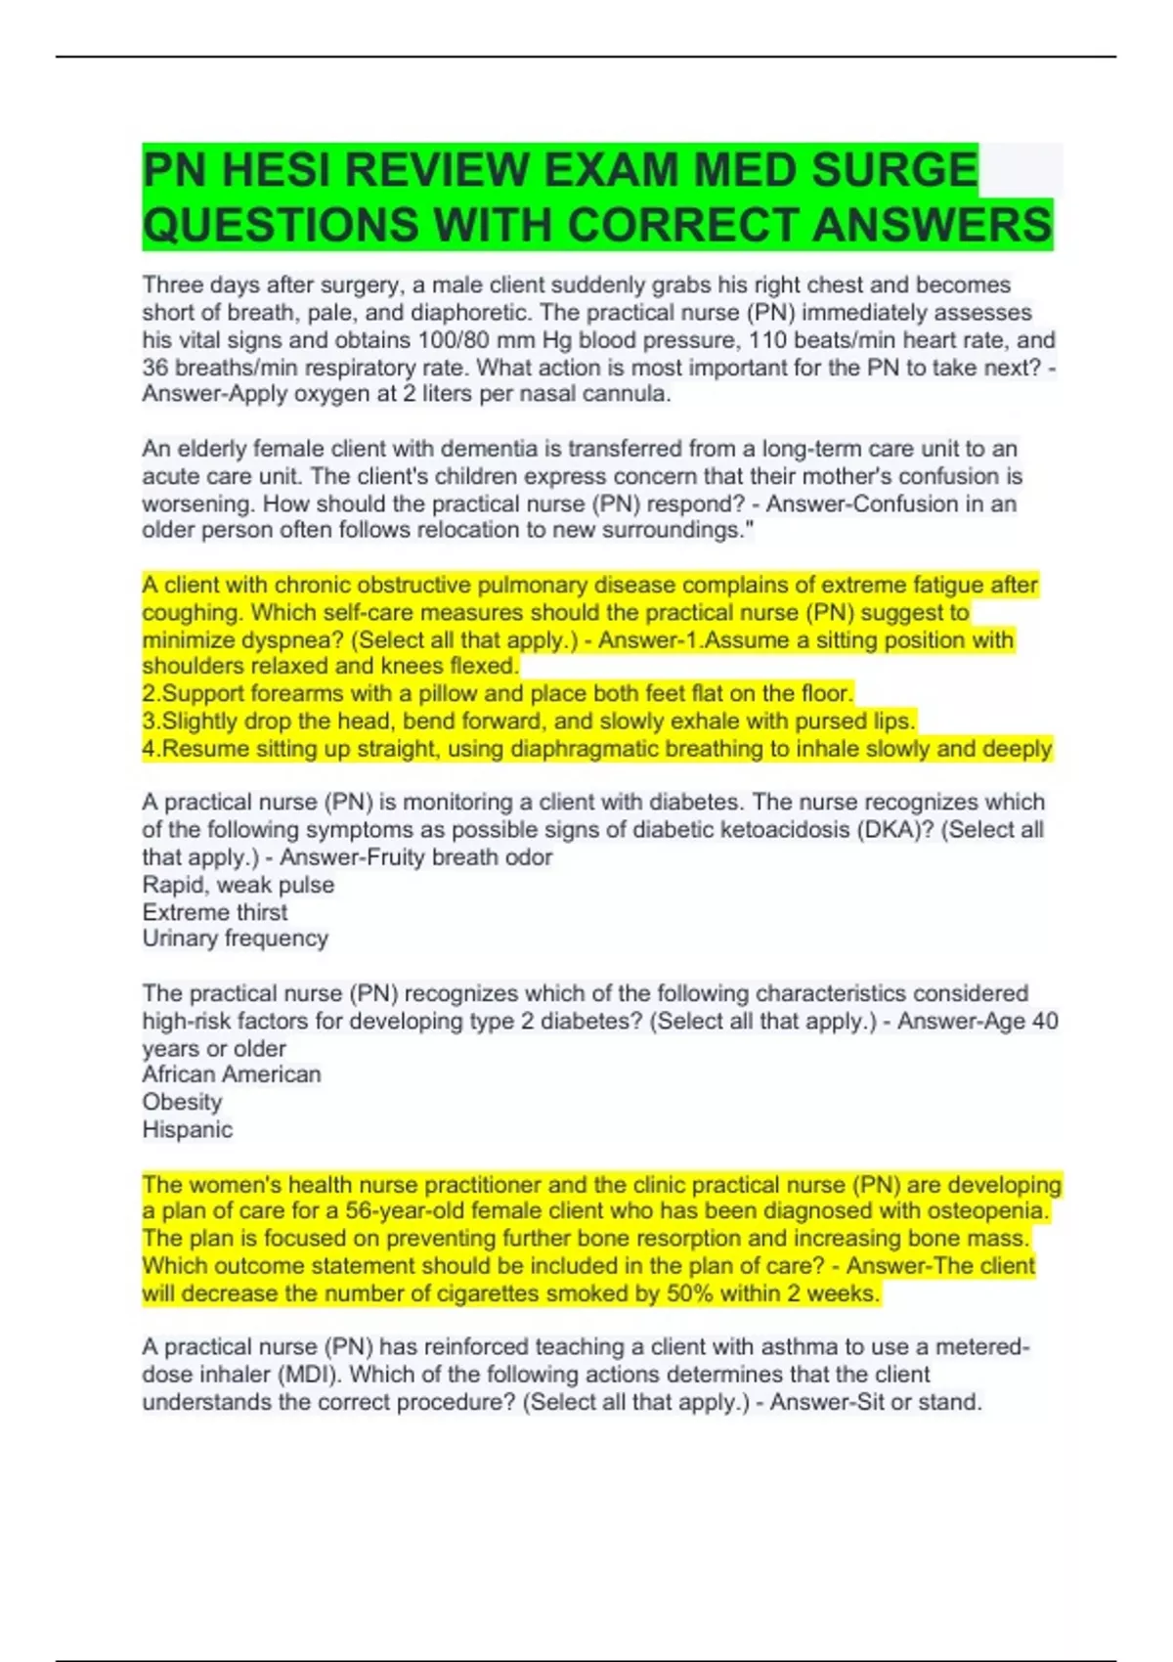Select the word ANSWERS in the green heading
(x=932, y=225)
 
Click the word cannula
(x=626, y=394)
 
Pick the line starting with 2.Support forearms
(x=498, y=693)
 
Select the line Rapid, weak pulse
(x=239, y=885)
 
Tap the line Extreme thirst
(x=215, y=912)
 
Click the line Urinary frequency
(x=235, y=939)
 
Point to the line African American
(x=232, y=1074)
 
